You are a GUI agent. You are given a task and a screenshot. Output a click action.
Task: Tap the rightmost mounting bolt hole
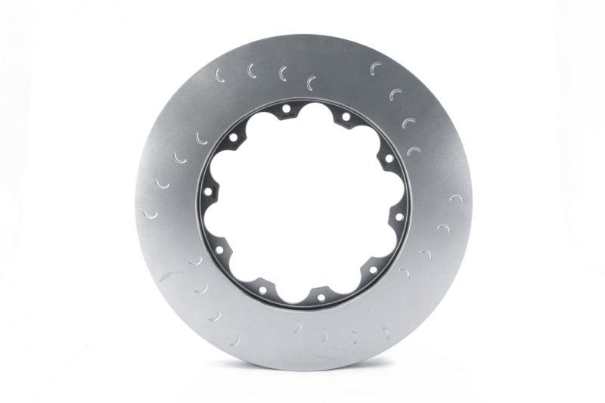(399, 216)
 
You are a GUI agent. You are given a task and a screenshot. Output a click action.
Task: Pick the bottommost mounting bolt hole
(321, 297)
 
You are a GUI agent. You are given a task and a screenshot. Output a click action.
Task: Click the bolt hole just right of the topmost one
(346, 116)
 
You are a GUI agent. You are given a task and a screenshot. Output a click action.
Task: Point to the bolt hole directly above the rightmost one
(388, 158)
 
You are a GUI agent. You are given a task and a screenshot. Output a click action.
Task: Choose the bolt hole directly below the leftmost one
(219, 249)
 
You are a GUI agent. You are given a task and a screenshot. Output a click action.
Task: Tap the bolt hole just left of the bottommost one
(262, 290)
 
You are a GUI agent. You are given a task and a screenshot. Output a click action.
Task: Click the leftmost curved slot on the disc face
(150, 215)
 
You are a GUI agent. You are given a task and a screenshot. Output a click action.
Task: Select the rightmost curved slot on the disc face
(456, 198)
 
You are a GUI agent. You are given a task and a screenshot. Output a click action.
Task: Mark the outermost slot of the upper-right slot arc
(376, 69)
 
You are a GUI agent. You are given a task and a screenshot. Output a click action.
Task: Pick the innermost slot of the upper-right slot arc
(413, 151)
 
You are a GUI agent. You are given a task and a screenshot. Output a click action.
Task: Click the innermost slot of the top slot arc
(311, 82)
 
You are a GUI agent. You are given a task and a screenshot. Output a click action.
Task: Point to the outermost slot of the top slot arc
(220, 75)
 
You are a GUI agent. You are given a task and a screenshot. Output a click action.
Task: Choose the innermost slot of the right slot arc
(405, 273)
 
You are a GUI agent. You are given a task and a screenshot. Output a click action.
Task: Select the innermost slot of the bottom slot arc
(298, 327)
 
